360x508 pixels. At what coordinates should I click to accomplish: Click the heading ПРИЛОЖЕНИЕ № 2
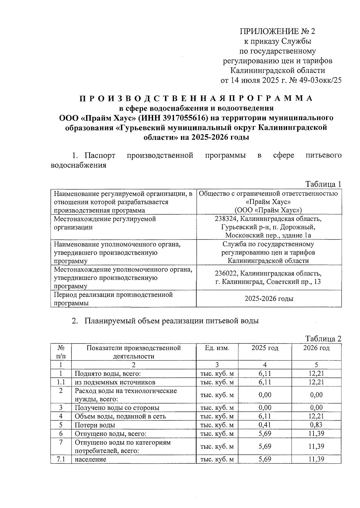tap(277, 31)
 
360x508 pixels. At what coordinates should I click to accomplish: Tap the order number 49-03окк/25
tap(319, 80)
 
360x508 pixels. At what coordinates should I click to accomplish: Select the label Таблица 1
tap(323, 184)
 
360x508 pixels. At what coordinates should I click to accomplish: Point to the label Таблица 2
tap(323, 339)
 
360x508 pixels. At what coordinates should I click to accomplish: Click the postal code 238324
tap(226, 219)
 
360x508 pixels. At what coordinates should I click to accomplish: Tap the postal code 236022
tap(226, 274)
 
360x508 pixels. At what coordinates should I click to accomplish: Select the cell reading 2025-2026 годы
tap(269, 299)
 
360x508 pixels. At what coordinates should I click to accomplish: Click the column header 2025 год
tap(265, 348)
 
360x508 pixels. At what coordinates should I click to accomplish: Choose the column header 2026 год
tap(316, 348)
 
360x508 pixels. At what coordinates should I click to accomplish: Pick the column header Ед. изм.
tap(217, 348)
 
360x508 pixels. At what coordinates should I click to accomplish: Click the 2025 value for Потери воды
tap(265, 425)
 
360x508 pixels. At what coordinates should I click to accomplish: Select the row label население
tap(90, 459)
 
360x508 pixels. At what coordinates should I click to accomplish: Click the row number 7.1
tap(61, 459)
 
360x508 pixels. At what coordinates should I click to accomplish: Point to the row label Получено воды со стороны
tap(117, 408)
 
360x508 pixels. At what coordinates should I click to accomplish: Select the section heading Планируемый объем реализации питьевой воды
tap(171, 321)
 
